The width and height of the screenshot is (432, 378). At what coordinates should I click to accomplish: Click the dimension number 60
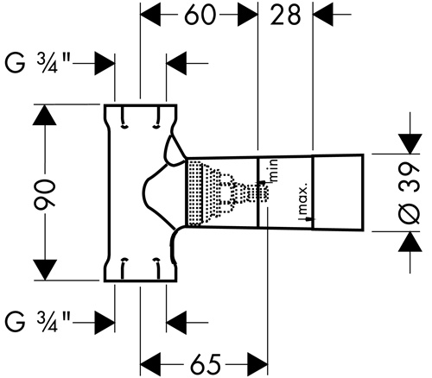pyautogui.click(x=200, y=15)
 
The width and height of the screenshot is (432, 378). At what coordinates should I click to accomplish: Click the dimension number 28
pyautogui.click(x=285, y=15)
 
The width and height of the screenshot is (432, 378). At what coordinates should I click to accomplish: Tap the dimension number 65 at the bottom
pyautogui.click(x=206, y=363)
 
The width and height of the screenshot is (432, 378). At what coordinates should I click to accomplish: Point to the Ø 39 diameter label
pyautogui.click(x=410, y=192)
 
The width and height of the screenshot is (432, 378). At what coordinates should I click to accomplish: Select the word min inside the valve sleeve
pyautogui.click(x=274, y=170)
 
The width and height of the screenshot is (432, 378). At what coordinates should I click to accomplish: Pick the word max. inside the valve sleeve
pyautogui.click(x=304, y=199)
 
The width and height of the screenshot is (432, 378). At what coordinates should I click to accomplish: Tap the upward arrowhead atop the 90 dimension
pyautogui.click(x=44, y=115)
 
